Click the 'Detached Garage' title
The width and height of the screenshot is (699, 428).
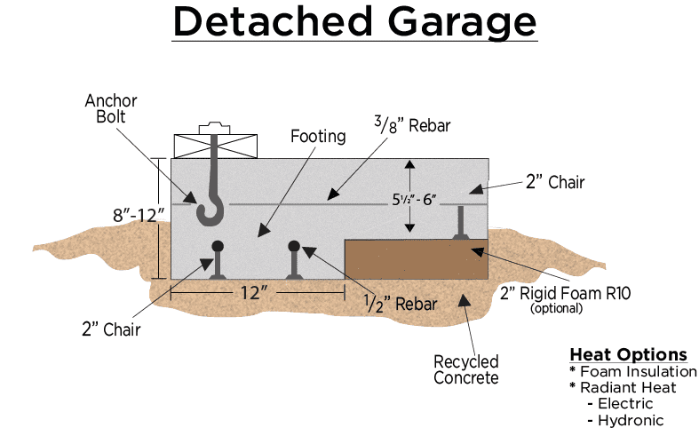354,23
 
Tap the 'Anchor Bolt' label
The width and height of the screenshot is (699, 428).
111,109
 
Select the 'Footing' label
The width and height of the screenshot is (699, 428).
316,138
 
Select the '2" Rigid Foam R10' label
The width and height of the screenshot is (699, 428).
557,293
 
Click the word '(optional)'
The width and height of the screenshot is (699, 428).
556,310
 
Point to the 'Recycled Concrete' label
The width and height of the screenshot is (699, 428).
465,369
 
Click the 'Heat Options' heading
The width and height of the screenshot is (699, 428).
628,354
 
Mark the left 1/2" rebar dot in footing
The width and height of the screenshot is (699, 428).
217,246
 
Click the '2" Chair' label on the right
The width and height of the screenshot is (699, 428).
554,183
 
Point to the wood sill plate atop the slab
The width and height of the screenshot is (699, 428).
214,146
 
